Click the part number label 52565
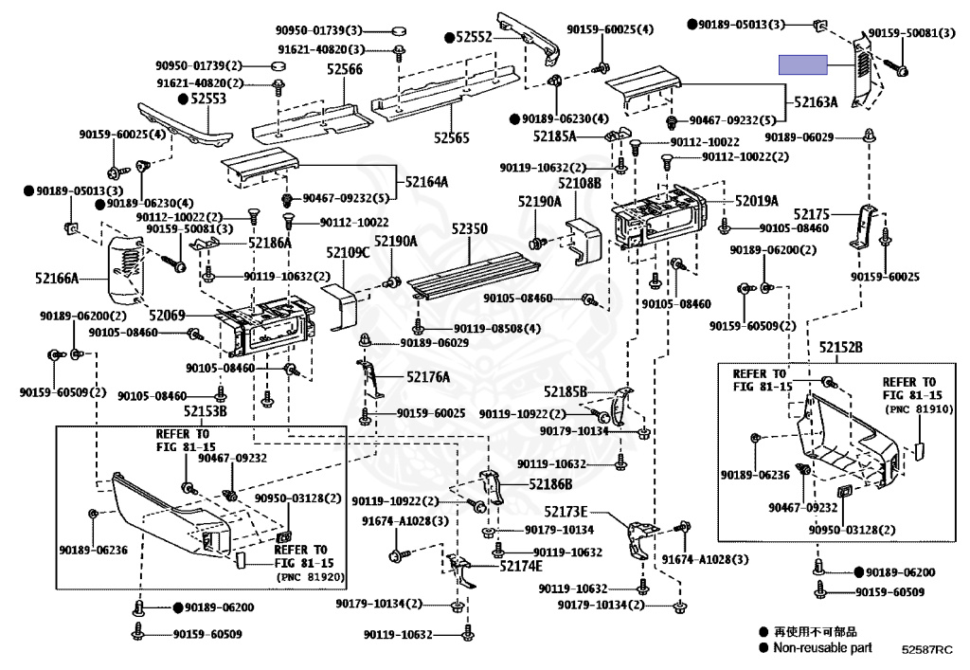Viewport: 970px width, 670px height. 452,137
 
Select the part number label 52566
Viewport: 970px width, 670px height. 345,69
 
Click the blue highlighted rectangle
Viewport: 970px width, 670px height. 802,64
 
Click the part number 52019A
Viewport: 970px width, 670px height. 756,201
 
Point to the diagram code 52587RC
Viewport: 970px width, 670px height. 926,649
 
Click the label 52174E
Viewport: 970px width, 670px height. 521,566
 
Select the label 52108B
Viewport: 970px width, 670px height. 579,183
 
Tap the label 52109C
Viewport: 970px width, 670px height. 348,252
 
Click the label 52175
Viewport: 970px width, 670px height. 812,215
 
